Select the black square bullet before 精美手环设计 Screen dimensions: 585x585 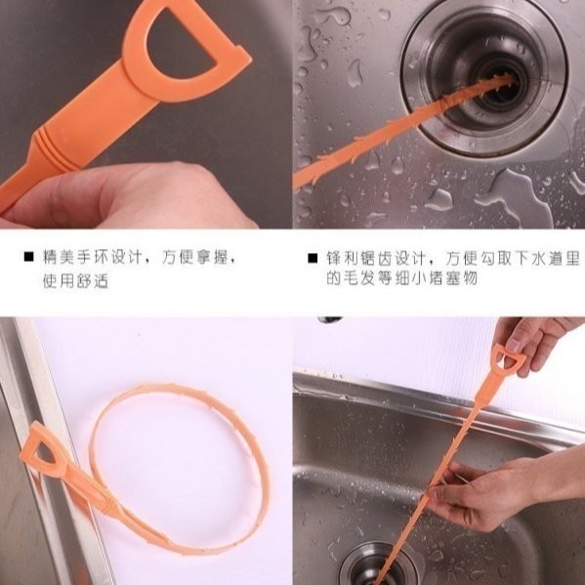pos(28,257)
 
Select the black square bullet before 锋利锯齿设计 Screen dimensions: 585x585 pos(313,258)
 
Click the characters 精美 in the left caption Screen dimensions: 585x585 pos(59,257)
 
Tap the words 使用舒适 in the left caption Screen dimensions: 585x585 pos(76,280)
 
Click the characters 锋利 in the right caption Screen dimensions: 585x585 pos(343,258)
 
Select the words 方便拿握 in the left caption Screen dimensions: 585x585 pos(194,257)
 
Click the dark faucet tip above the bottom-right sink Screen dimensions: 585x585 pos(330,319)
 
